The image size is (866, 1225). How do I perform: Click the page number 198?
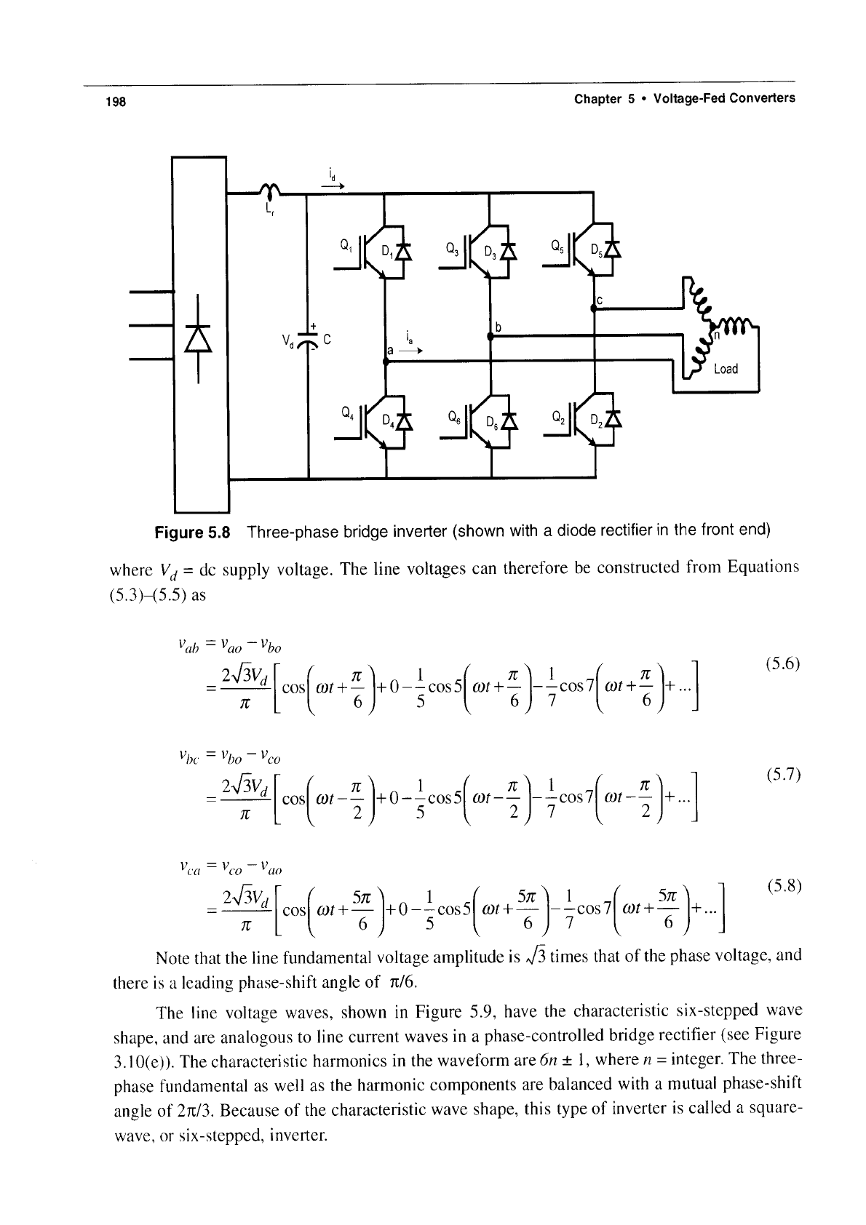[x=116, y=102]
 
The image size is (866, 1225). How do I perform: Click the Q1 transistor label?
[x=346, y=246]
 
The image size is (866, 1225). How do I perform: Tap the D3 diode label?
[x=490, y=252]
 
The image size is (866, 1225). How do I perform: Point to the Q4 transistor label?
[x=347, y=412]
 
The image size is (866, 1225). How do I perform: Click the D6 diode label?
[x=492, y=422]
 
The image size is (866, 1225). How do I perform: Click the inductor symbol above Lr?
[x=270, y=190]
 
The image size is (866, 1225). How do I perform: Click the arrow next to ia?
[x=411, y=351]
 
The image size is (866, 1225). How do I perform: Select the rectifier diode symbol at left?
[x=198, y=338]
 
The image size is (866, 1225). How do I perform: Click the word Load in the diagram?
[x=726, y=369]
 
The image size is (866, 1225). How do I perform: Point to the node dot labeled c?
[x=594, y=308]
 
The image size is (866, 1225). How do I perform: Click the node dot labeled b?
[x=490, y=337]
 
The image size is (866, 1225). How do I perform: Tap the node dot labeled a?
[x=385, y=361]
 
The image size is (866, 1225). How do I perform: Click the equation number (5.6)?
[x=782, y=664]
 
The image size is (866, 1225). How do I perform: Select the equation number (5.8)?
[x=783, y=886]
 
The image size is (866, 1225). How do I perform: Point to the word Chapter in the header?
[x=598, y=99]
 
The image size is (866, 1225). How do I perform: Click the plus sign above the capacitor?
[x=314, y=327]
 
